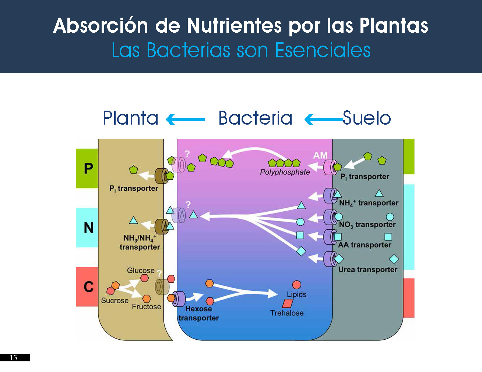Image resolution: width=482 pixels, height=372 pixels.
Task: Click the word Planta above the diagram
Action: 130,118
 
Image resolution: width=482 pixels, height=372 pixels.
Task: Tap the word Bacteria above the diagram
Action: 255,118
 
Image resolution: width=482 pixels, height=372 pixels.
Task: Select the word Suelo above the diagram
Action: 367,118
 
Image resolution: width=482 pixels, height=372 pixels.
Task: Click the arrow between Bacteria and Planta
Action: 185,119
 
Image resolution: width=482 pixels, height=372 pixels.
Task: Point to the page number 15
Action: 13,357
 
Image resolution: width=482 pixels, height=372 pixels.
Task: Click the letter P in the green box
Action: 88,168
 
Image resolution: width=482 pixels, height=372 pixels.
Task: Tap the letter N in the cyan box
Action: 88,228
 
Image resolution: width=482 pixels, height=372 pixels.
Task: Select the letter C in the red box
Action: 88,287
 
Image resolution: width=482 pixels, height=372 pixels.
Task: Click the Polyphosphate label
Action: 285,172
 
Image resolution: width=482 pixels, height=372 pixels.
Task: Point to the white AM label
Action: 320,155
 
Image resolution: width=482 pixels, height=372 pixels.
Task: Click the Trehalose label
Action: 286,313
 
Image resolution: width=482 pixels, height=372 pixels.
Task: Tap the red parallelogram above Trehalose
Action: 288,303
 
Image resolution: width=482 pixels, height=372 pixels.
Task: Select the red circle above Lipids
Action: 296,285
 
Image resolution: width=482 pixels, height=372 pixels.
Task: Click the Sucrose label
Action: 115,300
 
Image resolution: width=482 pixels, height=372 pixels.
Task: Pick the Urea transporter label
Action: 367,269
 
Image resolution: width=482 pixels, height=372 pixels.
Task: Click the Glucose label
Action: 141,271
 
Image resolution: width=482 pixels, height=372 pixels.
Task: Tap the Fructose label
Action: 147,307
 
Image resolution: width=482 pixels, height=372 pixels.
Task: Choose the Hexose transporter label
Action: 198,313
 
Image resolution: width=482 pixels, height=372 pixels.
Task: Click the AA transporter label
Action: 365,245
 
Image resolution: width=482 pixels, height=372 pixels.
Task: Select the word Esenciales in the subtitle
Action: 323,50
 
